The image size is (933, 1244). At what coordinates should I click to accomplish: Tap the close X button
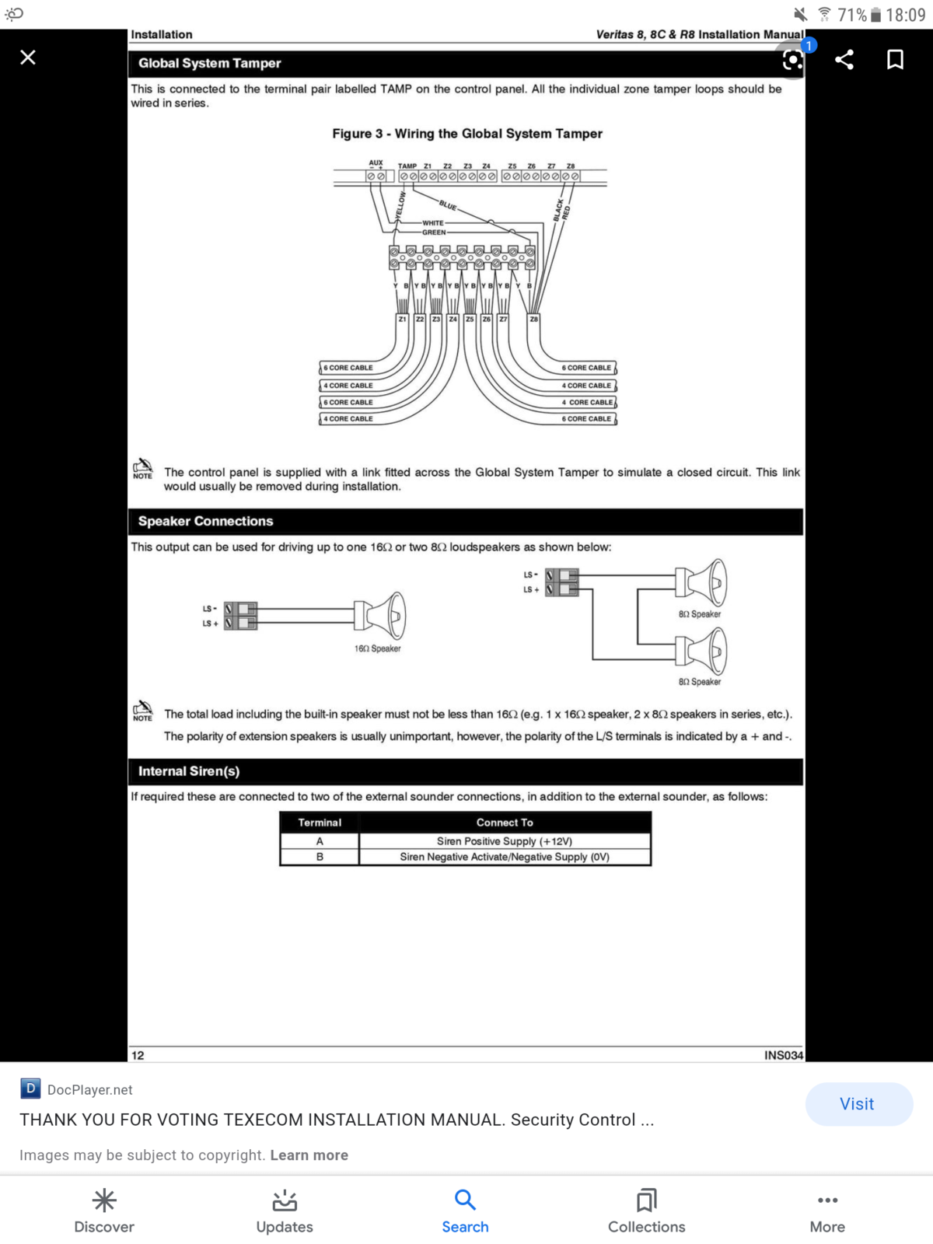28,58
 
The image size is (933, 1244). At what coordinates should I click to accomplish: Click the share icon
844,60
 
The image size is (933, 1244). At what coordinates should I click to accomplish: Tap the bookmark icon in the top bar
894,60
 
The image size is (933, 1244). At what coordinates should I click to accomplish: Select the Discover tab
104,1211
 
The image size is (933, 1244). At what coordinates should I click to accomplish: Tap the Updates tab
285,1211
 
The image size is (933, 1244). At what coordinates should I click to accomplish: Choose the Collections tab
646,1211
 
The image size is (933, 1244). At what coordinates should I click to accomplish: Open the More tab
827,1211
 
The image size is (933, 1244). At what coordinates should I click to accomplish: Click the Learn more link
309,1155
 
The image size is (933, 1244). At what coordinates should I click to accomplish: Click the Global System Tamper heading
210,63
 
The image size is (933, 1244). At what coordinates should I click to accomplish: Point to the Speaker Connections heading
205,521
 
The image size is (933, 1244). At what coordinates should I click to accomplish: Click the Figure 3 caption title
466,134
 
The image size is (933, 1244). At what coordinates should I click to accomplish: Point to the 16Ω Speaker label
377,648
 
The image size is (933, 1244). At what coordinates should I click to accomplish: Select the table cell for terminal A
320,841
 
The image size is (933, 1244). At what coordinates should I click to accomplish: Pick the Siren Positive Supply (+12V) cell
504,841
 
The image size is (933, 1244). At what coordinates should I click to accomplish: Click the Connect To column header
504,823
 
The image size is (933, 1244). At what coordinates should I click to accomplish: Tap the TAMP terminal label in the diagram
407,166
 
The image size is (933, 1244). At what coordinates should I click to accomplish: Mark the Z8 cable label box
533,319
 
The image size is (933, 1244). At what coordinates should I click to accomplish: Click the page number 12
138,1055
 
